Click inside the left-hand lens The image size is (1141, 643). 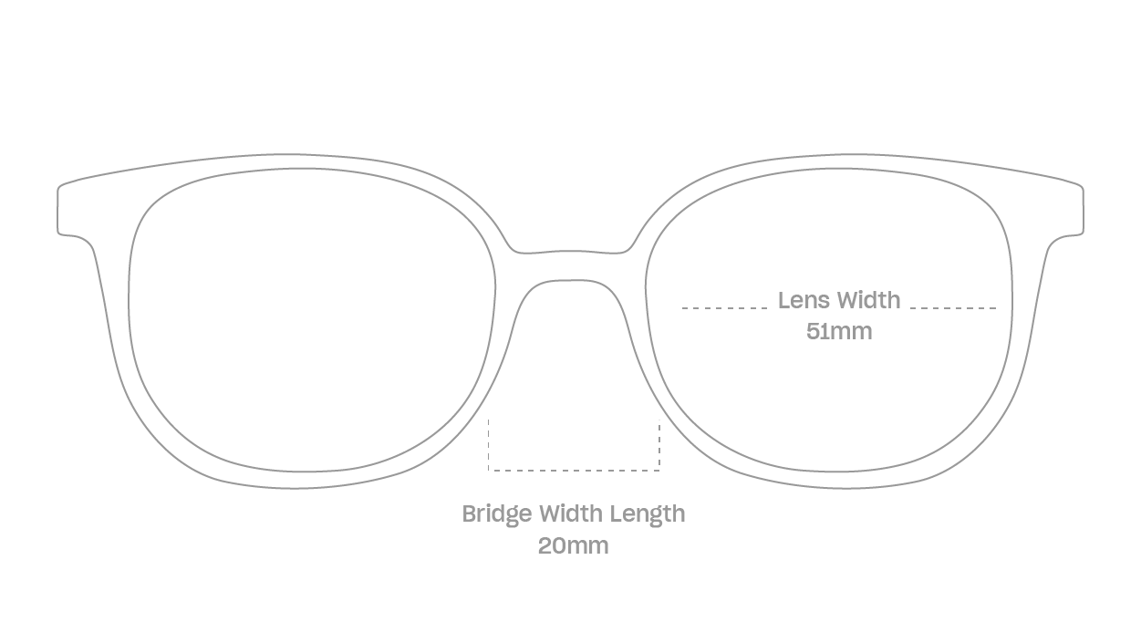tap(310, 319)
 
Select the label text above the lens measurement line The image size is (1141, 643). tap(838, 297)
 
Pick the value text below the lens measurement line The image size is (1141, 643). tap(838, 332)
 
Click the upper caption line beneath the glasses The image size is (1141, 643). tap(572, 515)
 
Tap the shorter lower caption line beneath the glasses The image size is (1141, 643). tap(572, 545)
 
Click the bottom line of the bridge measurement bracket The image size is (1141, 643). tap(572, 471)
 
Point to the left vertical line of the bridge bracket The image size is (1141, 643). tap(484, 442)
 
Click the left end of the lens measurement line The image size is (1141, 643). tap(681, 310)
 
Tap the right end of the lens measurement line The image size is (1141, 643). tap(996, 310)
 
